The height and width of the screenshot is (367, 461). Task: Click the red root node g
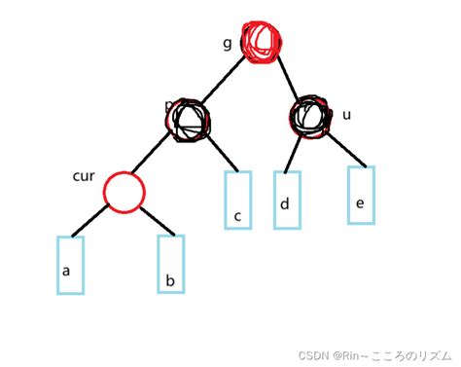263,43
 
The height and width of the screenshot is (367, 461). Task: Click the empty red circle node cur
124,192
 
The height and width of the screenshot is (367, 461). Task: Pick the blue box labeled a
67,265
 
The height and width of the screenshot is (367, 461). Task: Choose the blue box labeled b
171,263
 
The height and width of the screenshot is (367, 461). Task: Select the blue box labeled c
238,201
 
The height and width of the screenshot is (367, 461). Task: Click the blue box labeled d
287,200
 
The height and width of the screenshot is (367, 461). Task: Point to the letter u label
346,115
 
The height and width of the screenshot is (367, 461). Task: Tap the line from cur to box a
90,223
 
